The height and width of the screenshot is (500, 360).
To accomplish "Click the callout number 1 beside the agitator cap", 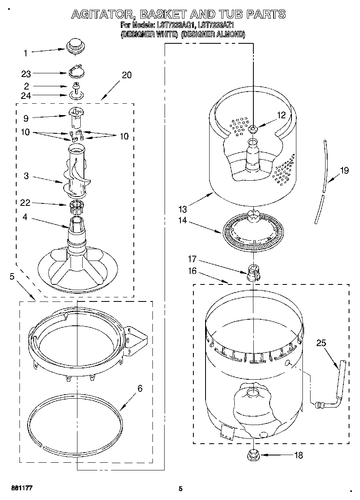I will [25, 53].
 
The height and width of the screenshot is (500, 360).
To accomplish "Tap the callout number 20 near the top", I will [126, 75].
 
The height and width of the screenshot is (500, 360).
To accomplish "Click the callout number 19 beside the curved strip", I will [344, 171].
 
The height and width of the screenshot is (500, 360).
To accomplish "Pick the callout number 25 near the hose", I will [321, 344].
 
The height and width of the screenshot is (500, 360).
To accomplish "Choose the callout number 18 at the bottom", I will [298, 455].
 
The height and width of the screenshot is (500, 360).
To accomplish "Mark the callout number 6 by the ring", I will [140, 389].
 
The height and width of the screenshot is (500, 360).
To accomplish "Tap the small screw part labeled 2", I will [75, 86].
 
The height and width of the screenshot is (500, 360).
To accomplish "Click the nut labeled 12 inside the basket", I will [253, 129].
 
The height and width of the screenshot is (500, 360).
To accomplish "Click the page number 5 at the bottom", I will [180, 489].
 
